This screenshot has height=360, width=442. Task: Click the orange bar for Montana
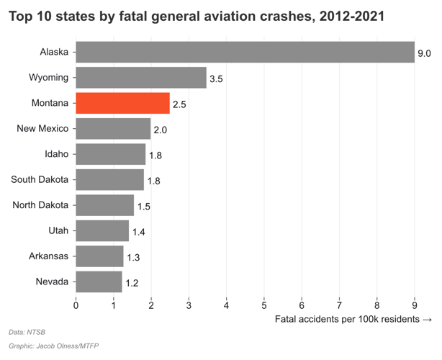(x=122, y=103)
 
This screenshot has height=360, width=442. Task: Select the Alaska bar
(x=245, y=52)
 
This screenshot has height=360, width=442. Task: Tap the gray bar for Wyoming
(x=141, y=78)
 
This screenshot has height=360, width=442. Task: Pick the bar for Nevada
(x=99, y=282)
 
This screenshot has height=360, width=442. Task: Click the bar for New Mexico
(x=113, y=129)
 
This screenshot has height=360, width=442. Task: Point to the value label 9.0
(x=424, y=53)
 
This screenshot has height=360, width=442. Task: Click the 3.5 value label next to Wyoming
(x=216, y=78)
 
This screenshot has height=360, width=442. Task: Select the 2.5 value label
(x=179, y=104)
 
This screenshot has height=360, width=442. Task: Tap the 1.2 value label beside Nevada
(x=132, y=283)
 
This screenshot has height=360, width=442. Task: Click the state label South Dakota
(x=40, y=179)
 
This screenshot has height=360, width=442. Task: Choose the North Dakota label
(x=40, y=205)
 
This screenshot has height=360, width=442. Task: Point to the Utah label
(x=57, y=230)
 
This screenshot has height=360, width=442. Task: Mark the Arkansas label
(x=48, y=256)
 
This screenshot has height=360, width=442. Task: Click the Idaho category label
(x=56, y=154)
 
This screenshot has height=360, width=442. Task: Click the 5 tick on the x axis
(x=264, y=305)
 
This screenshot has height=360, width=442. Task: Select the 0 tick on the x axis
(x=76, y=305)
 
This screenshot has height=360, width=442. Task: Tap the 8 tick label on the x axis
(x=377, y=305)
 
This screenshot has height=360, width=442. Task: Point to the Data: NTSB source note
(x=26, y=333)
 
